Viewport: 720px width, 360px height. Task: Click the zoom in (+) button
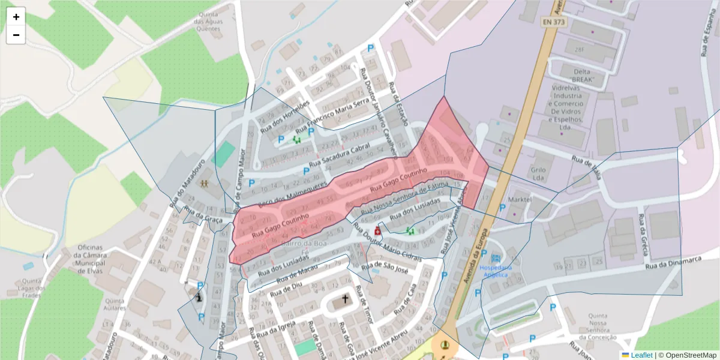16,17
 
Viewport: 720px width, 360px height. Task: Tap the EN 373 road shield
554,22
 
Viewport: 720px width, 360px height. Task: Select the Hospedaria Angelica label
495,271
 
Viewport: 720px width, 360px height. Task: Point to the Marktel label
520,199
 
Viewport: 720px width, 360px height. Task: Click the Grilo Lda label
538,173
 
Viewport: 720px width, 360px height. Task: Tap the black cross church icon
345,298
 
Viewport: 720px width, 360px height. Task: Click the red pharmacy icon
377,231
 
